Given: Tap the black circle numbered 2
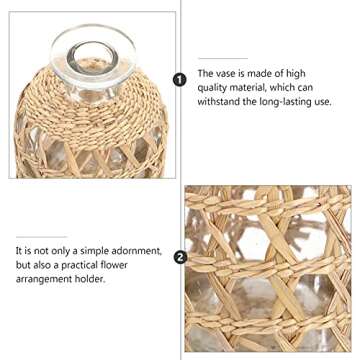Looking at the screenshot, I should (179, 255).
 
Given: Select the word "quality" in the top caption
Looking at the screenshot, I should (216, 88).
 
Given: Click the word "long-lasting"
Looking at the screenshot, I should (290, 102).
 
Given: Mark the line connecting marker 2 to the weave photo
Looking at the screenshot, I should (188, 255).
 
